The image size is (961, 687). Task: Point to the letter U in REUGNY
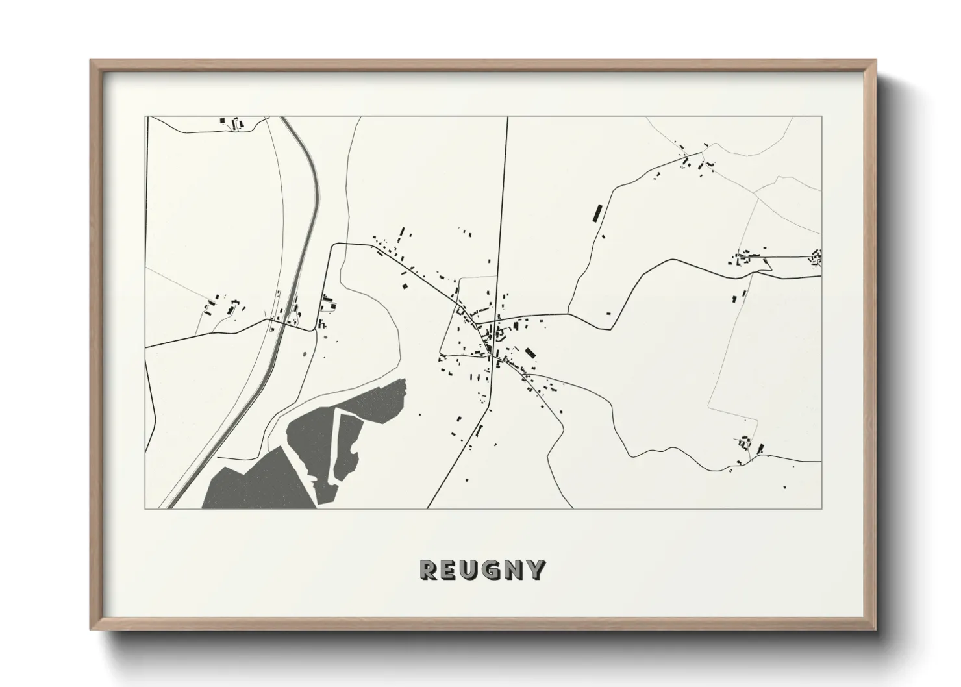pyautogui.click(x=470, y=569)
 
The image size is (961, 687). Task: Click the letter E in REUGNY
pyautogui.click(x=449, y=569)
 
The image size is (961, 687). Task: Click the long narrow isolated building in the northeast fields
pyautogui.click(x=595, y=213)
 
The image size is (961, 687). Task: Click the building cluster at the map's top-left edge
pyautogui.click(x=232, y=122)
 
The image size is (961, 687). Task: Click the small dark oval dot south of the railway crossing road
pyautogui.click(x=305, y=353)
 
